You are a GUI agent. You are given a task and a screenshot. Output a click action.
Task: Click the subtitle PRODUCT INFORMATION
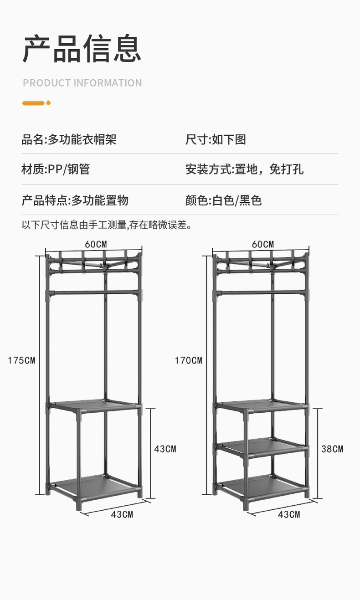(x=82, y=83)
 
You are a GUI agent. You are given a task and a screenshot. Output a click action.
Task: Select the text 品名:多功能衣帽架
(x=69, y=139)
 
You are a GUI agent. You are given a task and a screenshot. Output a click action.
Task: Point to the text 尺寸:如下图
(x=216, y=139)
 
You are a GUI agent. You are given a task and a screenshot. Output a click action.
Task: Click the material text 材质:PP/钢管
(x=56, y=169)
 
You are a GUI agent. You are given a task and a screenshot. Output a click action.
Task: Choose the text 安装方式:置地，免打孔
(x=244, y=169)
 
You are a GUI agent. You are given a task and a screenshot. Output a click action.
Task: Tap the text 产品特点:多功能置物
(x=75, y=200)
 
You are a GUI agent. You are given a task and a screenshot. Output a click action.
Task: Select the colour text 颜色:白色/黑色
(x=223, y=200)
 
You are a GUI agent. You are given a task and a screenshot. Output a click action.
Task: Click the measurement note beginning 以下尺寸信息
(x=107, y=225)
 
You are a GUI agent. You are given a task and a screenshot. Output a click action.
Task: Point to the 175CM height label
(x=21, y=360)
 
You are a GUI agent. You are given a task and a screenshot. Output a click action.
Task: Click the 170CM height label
(x=189, y=360)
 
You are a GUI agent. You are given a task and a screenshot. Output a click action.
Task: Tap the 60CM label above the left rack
(x=96, y=244)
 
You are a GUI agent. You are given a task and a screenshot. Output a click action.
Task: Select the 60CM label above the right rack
(x=263, y=244)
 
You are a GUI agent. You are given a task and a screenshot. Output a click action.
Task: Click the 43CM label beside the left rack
(x=165, y=449)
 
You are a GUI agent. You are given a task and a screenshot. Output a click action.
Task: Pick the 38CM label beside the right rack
(x=332, y=449)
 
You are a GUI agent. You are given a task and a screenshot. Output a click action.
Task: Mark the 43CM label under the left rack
(x=122, y=514)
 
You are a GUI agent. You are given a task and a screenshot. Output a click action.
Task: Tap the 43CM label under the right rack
(x=289, y=514)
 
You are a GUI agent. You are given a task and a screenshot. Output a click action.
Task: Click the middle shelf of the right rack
(x=262, y=445)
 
